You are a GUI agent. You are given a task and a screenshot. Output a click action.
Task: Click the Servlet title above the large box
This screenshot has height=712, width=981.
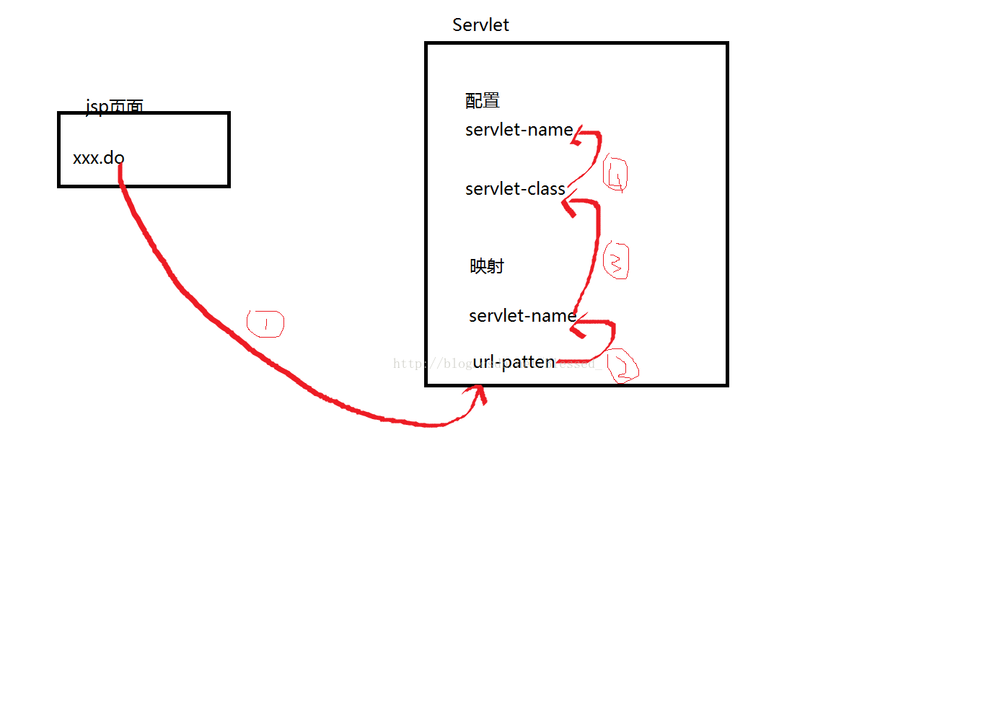(x=480, y=25)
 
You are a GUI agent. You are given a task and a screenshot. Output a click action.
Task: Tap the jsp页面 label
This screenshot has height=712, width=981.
(x=114, y=106)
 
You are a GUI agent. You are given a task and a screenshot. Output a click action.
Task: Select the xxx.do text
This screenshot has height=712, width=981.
(x=98, y=158)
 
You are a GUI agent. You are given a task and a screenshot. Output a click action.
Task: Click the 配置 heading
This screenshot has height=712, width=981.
(x=483, y=101)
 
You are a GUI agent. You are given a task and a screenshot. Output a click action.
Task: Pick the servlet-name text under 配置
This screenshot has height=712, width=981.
(x=519, y=130)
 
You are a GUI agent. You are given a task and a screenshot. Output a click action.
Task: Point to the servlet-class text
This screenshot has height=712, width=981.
(x=515, y=189)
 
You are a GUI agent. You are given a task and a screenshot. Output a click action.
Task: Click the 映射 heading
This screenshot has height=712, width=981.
(x=487, y=266)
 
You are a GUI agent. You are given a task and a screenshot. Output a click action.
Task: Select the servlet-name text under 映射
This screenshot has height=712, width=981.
(x=522, y=316)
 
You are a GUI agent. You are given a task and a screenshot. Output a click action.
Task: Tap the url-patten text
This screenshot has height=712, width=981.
(x=514, y=362)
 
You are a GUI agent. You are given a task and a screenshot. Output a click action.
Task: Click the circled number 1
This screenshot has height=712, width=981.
(x=265, y=324)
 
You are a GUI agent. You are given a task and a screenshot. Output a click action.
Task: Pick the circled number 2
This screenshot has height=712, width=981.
(x=622, y=366)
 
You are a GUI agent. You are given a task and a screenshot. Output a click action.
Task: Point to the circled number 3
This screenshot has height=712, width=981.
(x=616, y=261)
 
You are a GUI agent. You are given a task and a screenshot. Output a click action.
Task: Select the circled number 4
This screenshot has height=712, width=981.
(x=615, y=174)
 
